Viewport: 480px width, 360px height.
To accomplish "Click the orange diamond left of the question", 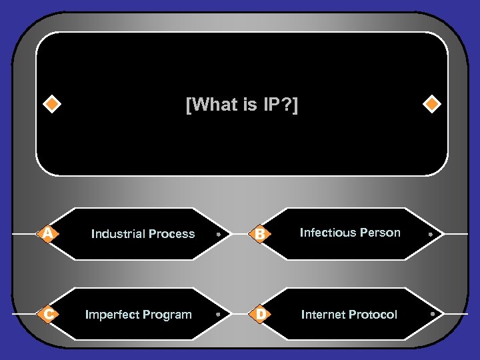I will [x=51, y=105].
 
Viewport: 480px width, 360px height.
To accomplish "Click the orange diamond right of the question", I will [x=433, y=105].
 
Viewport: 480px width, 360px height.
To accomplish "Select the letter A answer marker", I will [x=47, y=233].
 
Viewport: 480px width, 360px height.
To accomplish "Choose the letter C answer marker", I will [x=47, y=314].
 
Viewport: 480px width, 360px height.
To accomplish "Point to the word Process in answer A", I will [x=172, y=234].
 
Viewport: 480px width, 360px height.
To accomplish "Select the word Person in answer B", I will [x=381, y=233].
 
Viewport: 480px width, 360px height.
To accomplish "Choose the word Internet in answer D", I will [x=323, y=315].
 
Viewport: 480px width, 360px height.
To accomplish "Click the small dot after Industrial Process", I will [x=218, y=235].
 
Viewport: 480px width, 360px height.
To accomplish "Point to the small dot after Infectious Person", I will [x=431, y=235].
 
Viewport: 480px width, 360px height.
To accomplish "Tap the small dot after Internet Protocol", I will [x=433, y=313].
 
